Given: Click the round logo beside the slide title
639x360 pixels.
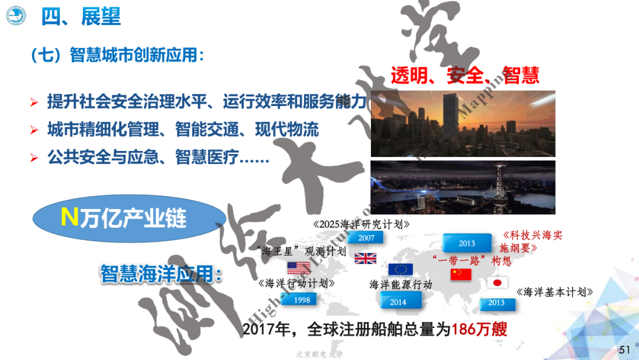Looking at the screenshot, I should tap(16, 15).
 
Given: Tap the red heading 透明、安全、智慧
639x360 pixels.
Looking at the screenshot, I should tap(464, 76).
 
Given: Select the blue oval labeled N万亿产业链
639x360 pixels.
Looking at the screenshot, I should tap(124, 218).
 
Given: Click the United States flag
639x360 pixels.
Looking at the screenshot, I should tap(299, 268).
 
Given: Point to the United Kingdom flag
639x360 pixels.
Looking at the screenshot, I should tap(365, 258).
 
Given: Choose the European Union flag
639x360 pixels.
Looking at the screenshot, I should tap(401, 269).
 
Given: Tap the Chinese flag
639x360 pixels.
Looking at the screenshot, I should tap(461, 274).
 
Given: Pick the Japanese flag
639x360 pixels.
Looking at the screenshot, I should tap(497, 282).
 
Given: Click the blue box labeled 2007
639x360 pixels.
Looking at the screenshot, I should tap(366, 237).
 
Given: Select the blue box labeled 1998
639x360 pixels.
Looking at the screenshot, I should tap(301, 300).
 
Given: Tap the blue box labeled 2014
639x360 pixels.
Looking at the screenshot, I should tap(398, 302).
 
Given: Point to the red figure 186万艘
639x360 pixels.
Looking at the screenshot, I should tap(479, 330).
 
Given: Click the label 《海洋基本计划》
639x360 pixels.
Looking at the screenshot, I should tap(554, 292).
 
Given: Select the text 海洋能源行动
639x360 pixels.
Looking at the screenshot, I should tap(401, 285).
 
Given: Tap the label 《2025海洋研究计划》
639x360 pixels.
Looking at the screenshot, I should tap(360, 224).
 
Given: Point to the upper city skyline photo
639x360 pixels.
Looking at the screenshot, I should tap(463, 123).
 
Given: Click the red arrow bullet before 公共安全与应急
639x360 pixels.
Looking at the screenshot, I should tap(34, 158).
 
